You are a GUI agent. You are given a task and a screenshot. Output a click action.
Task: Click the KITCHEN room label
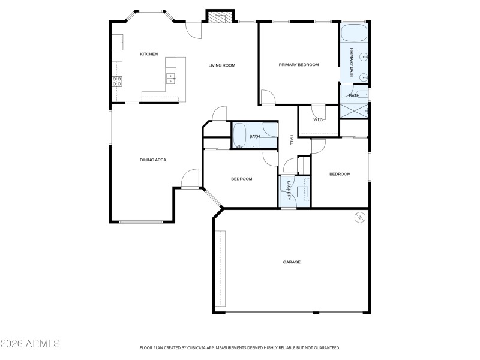[149, 54]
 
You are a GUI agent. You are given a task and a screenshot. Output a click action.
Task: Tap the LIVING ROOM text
[221, 65]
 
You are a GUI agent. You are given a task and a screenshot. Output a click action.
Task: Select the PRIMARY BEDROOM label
[298, 65]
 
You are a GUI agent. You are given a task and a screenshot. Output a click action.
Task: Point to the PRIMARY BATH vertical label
[352, 63]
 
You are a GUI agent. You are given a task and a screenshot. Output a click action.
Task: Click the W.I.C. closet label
[319, 120]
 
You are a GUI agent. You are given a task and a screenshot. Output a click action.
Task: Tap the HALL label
[292, 139]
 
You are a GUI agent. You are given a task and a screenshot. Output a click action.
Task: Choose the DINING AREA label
[152, 160]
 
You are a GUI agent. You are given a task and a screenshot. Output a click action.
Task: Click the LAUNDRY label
[289, 190]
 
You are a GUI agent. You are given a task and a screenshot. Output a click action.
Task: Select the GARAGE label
[292, 262]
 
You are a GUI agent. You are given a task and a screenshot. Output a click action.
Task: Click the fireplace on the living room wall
[219, 17]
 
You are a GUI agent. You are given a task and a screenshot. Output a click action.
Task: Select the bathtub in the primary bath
[354, 32]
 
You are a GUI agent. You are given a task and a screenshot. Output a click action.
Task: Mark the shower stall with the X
[354, 110]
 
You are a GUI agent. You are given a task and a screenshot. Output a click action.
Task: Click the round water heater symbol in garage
[360, 217]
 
